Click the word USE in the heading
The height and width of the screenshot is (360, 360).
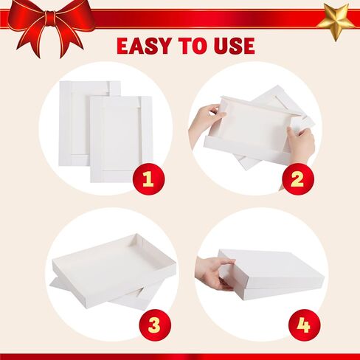click(235, 46)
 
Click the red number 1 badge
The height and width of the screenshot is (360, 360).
click(149, 179)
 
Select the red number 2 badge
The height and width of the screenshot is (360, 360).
click(298, 179)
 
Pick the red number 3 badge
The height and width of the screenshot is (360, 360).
click(155, 325)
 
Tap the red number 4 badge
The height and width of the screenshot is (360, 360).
click(305, 325)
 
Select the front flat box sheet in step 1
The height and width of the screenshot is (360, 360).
click(121, 139)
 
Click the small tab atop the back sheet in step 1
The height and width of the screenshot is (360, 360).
click(114, 89)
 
